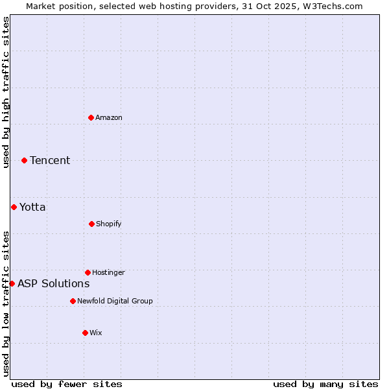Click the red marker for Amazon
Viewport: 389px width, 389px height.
click(x=91, y=117)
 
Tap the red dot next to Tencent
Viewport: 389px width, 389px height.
click(x=25, y=160)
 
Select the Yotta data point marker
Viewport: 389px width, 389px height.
click(x=14, y=207)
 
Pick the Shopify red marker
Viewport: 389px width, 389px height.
click(x=91, y=224)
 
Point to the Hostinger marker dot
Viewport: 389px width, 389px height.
click(x=88, y=272)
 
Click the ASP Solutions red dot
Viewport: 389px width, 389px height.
click(x=12, y=283)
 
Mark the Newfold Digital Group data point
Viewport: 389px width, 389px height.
click(x=73, y=301)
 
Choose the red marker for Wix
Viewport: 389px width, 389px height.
click(x=85, y=333)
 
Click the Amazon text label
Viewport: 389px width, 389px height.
click(x=109, y=117)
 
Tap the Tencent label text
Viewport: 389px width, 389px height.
click(x=50, y=160)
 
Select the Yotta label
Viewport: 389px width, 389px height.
click(x=32, y=207)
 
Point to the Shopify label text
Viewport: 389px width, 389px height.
click(x=109, y=224)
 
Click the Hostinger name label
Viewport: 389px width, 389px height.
click(x=108, y=272)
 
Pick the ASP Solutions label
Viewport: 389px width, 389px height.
click(x=53, y=283)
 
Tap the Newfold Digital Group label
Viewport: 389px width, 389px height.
click(x=115, y=301)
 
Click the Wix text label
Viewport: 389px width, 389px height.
click(x=96, y=333)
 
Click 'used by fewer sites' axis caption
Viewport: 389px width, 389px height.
click(x=67, y=384)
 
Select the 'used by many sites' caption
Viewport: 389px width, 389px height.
click(x=325, y=384)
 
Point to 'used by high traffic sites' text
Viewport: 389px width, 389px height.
click(x=6, y=92)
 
